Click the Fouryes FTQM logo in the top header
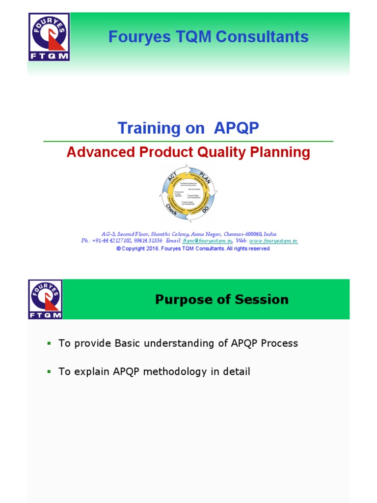point(49,37)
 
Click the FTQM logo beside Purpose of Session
point(45,299)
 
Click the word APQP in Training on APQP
point(236,128)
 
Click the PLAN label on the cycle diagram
point(204,175)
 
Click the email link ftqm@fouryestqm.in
point(207,241)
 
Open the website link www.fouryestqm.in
point(273,241)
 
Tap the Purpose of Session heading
point(222,300)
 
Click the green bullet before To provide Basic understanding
point(49,343)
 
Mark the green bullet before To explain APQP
point(49,372)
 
